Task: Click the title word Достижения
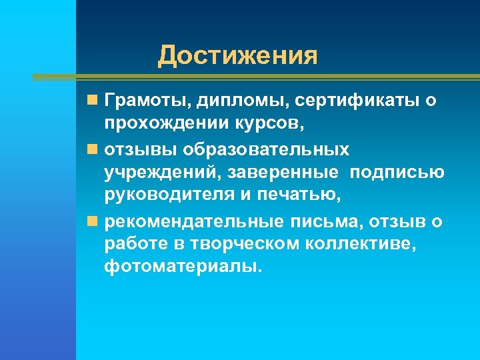click(x=237, y=56)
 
